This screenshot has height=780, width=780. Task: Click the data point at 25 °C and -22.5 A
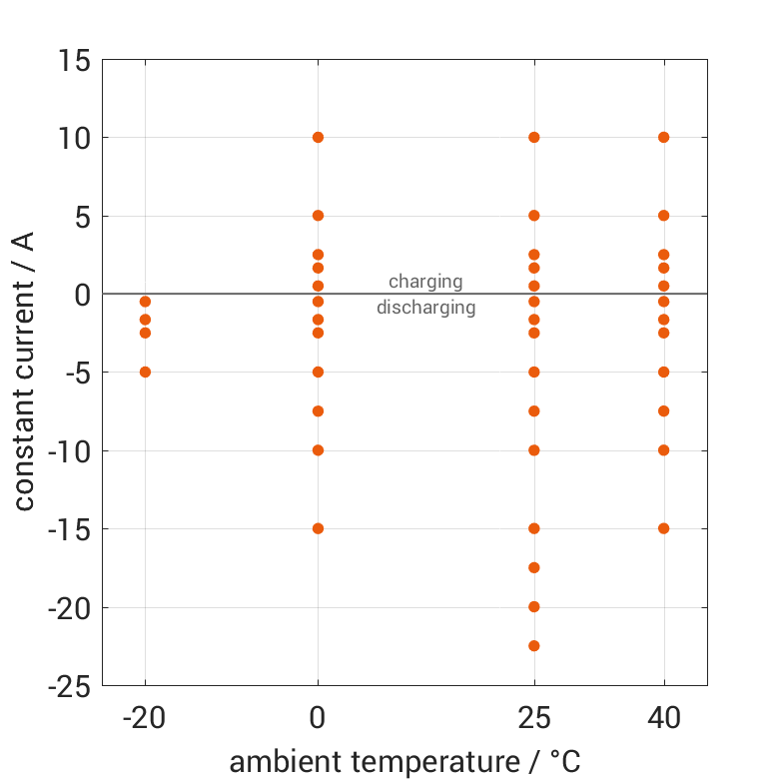pos(534,646)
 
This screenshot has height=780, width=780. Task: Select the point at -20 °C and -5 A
pos(145,372)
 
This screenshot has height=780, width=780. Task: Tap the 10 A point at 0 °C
pos(318,137)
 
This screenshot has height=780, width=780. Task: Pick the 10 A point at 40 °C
pos(663,137)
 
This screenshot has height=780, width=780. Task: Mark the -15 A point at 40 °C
pos(663,528)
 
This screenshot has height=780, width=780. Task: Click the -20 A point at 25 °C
pos(534,606)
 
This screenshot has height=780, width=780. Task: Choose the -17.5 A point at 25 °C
pos(534,567)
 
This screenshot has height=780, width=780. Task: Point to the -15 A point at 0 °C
pos(318,528)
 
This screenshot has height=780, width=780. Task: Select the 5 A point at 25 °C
pos(534,215)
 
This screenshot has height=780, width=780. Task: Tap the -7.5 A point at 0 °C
pos(318,410)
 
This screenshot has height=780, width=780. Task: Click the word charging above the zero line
pos(425,282)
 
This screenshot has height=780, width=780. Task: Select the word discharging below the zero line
pos(425,308)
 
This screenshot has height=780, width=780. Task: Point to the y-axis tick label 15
pos(74,60)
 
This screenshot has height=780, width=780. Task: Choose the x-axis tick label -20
pos(145,719)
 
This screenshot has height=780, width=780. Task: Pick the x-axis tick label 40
pos(663,719)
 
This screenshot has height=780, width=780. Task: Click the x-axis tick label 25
pos(534,719)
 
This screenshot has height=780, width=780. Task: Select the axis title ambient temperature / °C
pos(404,762)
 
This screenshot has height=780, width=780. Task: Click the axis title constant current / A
pos(24,373)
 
